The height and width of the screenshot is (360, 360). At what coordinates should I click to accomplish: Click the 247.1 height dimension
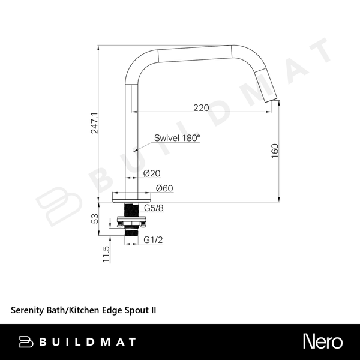coord(94,123)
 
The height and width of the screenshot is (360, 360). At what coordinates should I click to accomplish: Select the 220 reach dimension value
coord(201,107)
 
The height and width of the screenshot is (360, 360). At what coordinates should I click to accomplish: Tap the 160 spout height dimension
coord(275,151)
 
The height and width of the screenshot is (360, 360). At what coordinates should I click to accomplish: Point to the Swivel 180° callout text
coord(177,138)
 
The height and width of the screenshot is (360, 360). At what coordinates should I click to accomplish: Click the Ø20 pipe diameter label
coord(152,173)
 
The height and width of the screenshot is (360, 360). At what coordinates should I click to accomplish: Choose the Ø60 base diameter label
coord(164,188)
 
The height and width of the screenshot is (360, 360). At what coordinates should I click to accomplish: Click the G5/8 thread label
coord(154,208)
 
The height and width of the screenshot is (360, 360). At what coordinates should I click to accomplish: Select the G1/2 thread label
coord(153,240)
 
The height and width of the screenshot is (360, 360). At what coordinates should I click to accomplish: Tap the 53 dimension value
coord(95,218)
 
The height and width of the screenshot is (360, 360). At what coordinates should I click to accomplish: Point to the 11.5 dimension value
coord(106,254)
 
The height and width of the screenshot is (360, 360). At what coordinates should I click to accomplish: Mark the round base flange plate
coord(131,200)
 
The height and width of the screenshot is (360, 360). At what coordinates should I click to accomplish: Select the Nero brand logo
coord(323,341)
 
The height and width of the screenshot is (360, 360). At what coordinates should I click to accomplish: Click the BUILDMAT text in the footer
coord(88,342)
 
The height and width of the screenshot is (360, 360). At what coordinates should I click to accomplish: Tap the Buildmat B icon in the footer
coord(26,342)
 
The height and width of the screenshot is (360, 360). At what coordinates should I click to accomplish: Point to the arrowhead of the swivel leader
coord(135,151)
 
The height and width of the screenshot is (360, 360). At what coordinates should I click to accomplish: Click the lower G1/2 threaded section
coord(131,232)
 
